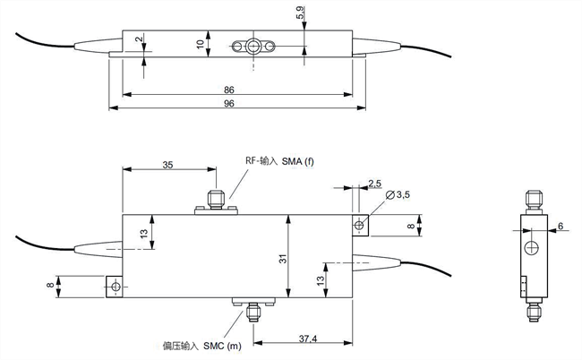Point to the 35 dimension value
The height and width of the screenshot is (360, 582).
[x=167, y=164]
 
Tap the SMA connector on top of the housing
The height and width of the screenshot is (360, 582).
[x=215, y=200]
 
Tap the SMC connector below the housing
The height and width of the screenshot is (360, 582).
[x=253, y=310]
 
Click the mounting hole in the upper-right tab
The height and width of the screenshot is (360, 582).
[x=360, y=224]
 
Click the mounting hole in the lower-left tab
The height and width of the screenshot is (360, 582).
[x=114, y=286]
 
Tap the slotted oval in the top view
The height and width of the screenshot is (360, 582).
[x=254, y=46]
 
